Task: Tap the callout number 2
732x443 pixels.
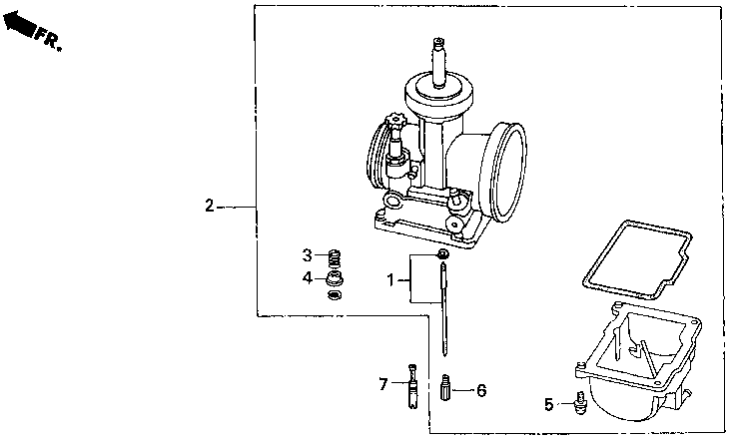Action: click(x=209, y=207)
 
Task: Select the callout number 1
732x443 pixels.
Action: click(x=392, y=281)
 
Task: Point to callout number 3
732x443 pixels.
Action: click(x=309, y=254)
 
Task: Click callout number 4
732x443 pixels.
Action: click(x=309, y=276)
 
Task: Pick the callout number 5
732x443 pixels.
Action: click(x=548, y=404)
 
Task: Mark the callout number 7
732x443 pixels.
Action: click(x=383, y=383)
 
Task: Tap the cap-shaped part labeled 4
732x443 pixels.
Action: click(x=336, y=276)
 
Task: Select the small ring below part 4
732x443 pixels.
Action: click(x=336, y=294)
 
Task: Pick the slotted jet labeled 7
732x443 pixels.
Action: click(x=411, y=386)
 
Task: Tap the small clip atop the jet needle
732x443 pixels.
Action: click(x=441, y=256)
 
